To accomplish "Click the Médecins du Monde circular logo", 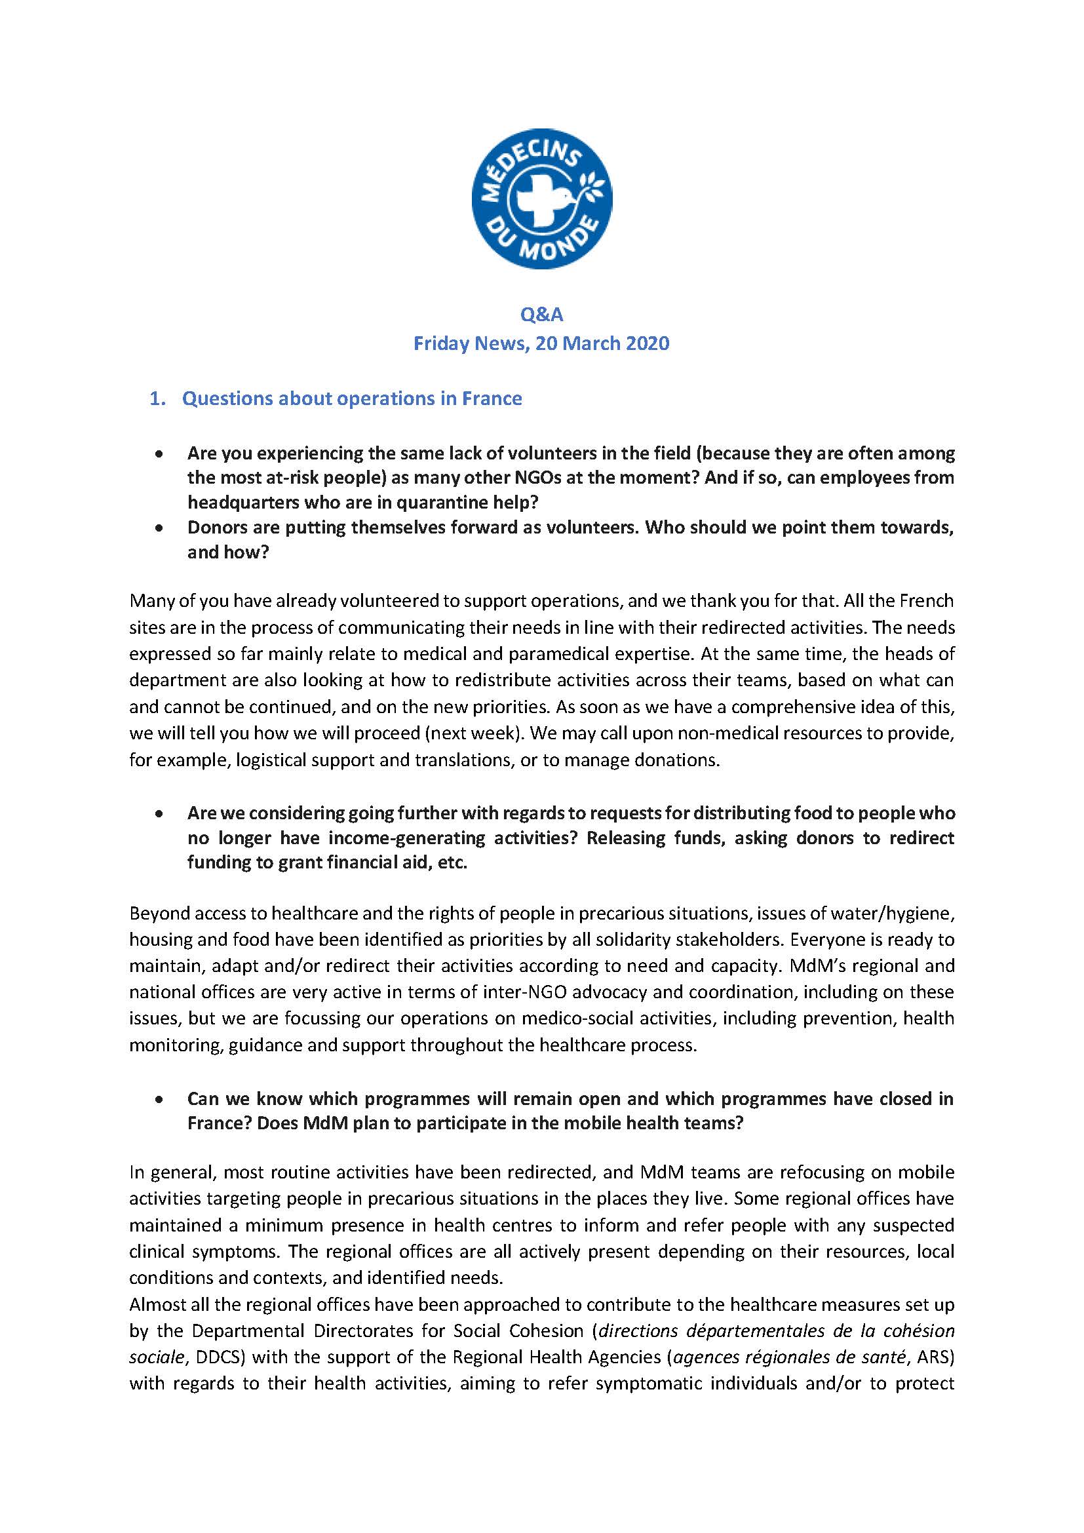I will tap(541, 199).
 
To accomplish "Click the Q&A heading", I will tap(541, 314).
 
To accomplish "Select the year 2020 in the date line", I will tap(644, 343).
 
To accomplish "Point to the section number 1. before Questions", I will tap(157, 398).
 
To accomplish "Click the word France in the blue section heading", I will tap(492, 398).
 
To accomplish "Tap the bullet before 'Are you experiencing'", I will tap(159, 454).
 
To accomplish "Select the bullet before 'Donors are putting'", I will tap(159, 528).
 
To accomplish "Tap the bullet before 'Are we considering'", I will tap(159, 814).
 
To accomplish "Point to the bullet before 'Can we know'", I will tap(159, 1099).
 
